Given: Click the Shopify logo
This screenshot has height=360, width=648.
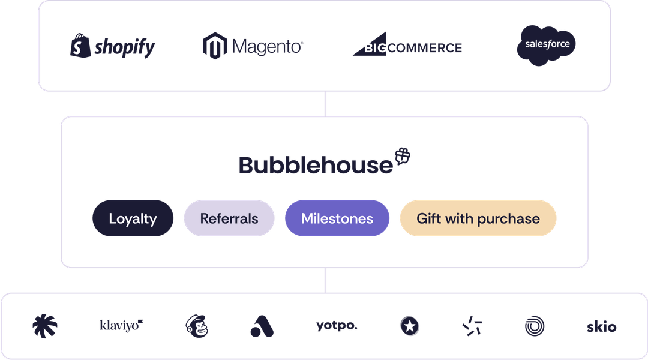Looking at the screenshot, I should [x=112, y=47].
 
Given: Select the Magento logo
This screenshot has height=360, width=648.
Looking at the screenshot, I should [x=253, y=46].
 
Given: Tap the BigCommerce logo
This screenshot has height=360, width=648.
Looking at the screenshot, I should [x=407, y=47].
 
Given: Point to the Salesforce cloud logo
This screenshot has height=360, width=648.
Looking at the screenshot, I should [x=546, y=45].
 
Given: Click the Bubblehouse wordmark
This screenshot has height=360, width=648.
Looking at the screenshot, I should [x=316, y=166].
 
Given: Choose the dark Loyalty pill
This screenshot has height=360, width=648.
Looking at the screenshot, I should [x=133, y=219].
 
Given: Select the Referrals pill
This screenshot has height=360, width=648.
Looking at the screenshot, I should [x=229, y=219].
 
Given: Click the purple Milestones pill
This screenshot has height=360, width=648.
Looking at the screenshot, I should [x=337, y=219].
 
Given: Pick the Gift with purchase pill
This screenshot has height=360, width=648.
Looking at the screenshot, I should [x=478, y=219].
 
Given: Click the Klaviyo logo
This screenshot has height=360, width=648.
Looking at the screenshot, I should [x=122, y=325].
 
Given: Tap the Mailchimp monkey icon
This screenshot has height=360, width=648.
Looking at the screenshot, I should [x=196, y=326].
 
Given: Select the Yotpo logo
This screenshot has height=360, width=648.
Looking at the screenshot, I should [x=337, y=326].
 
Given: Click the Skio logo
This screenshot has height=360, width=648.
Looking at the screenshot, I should [x=601, y=327].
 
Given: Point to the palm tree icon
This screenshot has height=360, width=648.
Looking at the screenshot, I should [x=46, y=326].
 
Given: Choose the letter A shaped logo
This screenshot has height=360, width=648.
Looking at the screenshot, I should [x=262, y=326].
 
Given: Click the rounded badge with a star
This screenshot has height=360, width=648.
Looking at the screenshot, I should [x=410, y=326].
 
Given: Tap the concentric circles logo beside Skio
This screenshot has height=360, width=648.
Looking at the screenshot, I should [x=534, y=326].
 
